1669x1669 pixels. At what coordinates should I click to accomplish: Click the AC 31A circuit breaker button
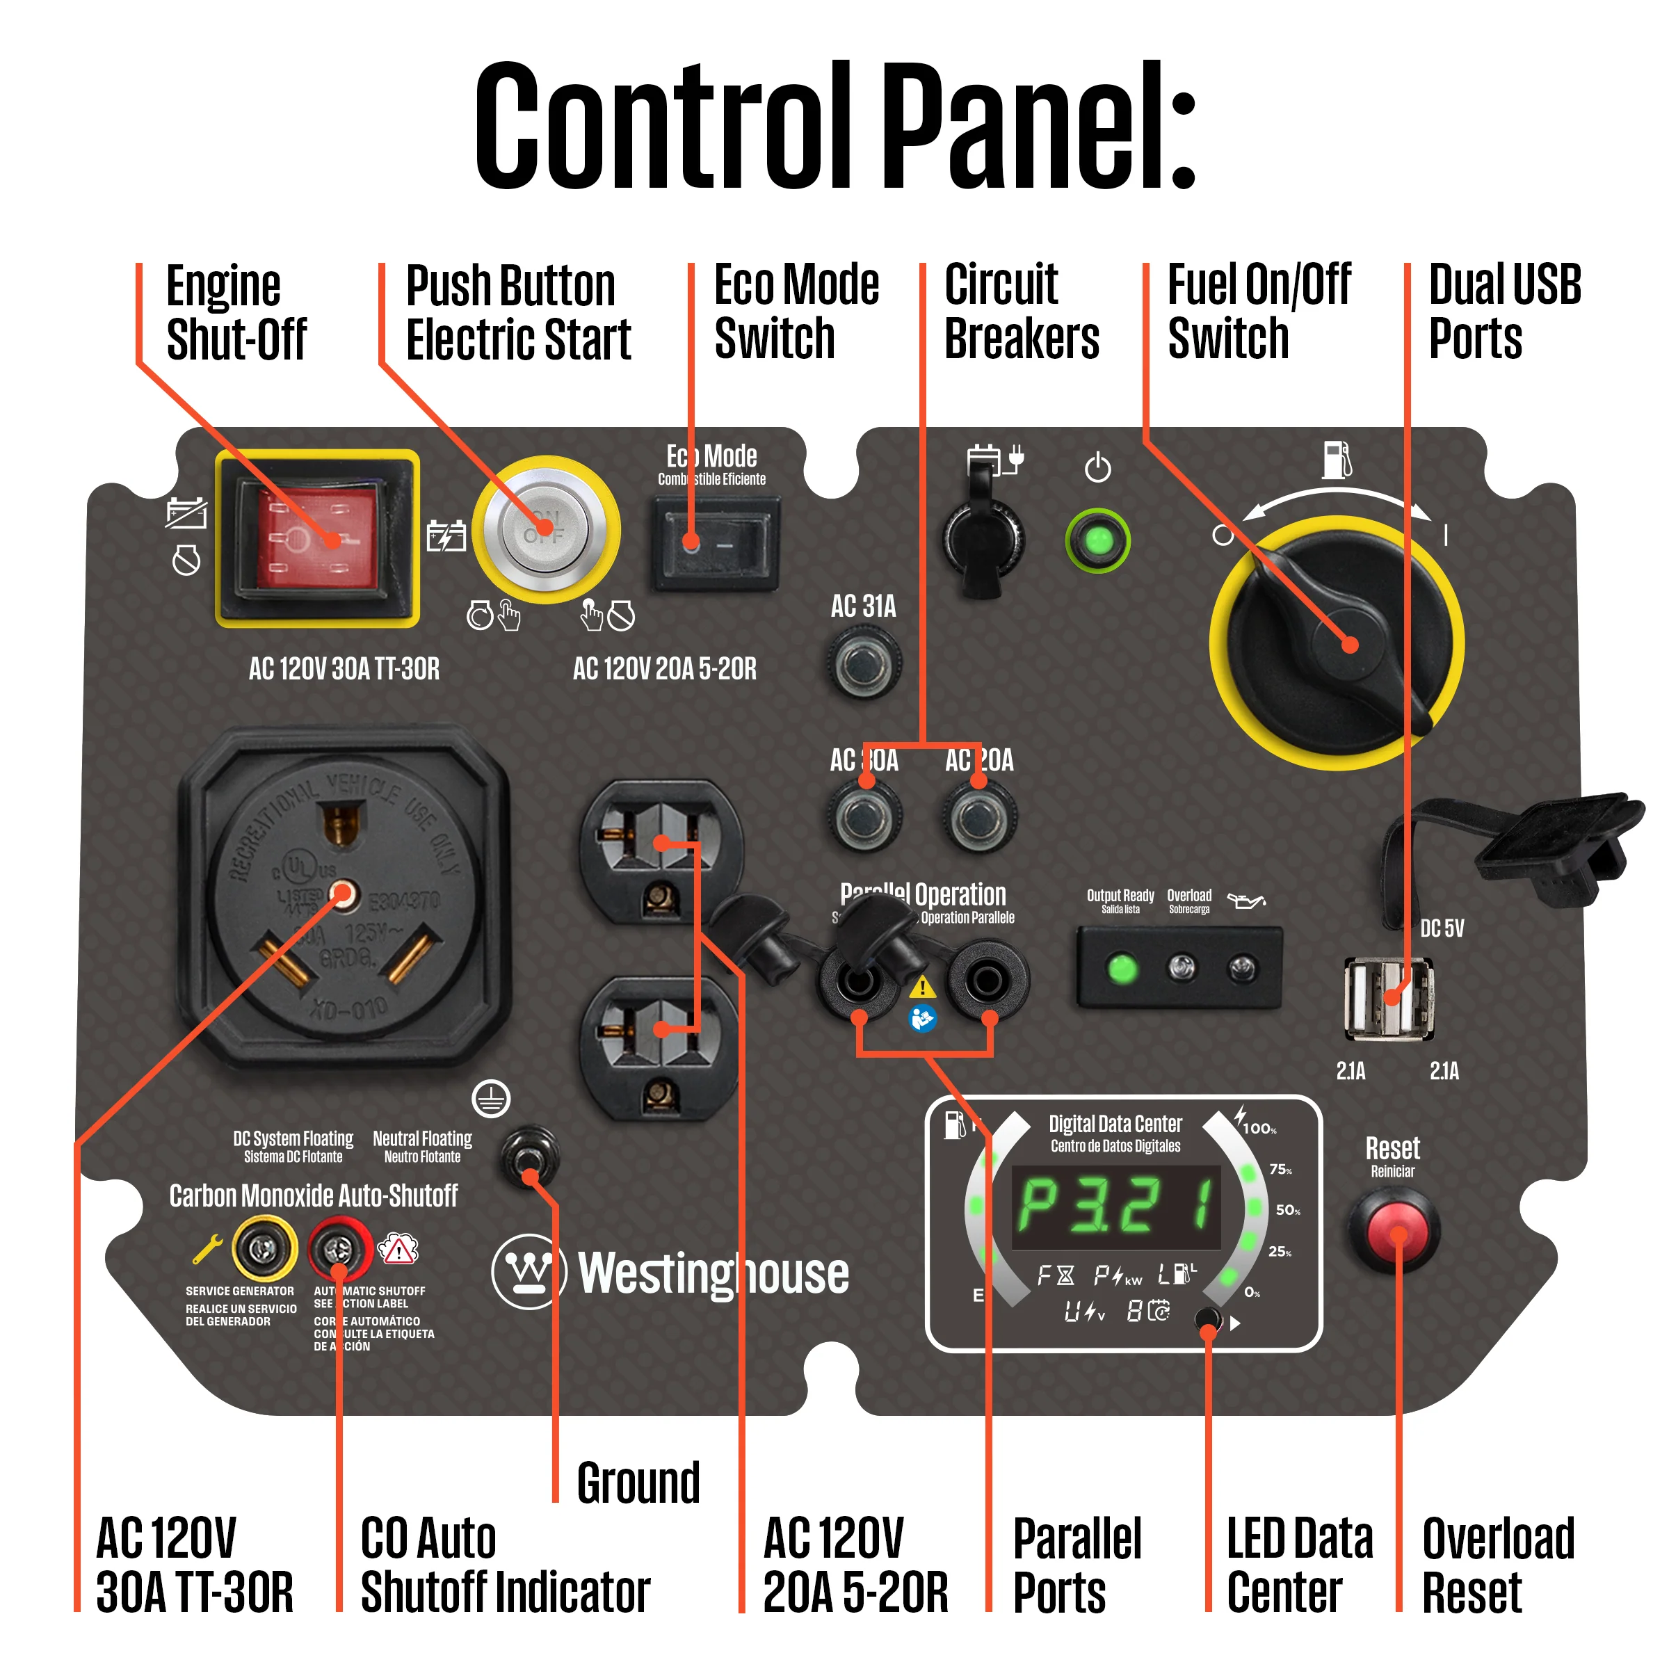click(863, 663)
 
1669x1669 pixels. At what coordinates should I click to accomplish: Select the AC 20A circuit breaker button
click(978, 816)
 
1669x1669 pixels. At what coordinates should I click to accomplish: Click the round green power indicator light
click(1097, 541)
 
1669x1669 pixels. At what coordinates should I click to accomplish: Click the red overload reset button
click(1394, 1231)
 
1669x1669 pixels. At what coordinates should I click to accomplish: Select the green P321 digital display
click(1116, 1207)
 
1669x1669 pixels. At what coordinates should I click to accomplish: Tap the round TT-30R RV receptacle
click(343, 894)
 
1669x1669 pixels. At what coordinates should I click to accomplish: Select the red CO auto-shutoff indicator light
click(339, 1248)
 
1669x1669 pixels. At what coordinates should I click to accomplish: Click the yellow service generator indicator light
click(264, 1248)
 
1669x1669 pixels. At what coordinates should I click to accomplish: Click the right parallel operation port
click(987, 980)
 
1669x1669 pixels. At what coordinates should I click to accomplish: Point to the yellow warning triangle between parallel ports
click(923, 987)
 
